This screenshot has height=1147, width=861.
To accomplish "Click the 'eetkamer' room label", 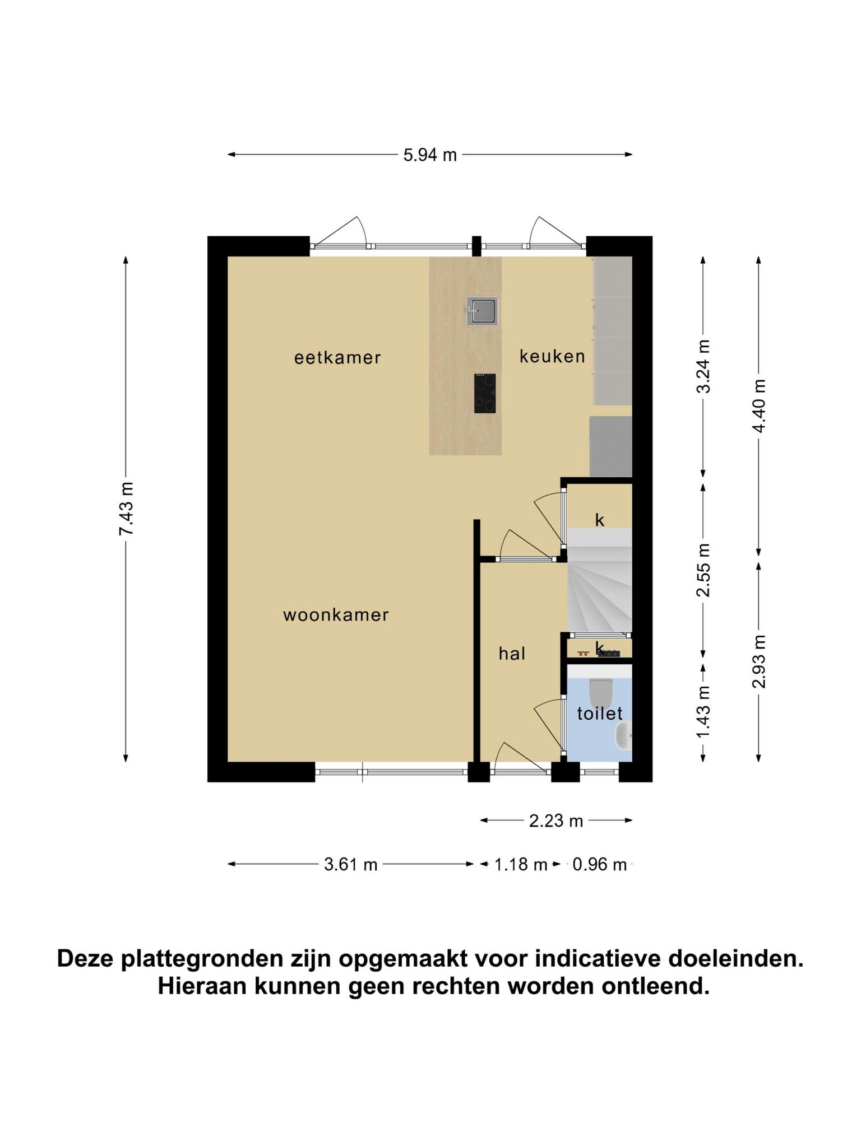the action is [337, 357].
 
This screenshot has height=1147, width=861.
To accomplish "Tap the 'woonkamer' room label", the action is [336, 615].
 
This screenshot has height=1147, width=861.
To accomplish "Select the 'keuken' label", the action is [552, 356].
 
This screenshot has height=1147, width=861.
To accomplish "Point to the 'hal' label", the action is [512, 653].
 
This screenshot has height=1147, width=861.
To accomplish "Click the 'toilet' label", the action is [600, 713].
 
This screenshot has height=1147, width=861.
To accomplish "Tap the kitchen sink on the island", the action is [482, 311].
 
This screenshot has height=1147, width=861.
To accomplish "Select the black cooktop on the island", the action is [484, 393].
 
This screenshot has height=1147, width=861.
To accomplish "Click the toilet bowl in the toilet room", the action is [600, 691].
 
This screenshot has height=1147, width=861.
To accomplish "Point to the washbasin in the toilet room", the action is [623, 736].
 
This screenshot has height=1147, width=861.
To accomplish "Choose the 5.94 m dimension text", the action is [430, 155].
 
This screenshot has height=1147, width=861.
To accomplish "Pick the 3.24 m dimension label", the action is [703, 366].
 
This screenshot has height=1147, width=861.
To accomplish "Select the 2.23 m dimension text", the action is [556, 821].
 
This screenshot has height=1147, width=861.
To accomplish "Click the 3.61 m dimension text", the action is [351, 865].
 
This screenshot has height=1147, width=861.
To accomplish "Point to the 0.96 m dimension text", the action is [599, 865].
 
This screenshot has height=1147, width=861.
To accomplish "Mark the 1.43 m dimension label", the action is [703, 712].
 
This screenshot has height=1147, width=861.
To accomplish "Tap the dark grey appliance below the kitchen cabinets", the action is [611, 446].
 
